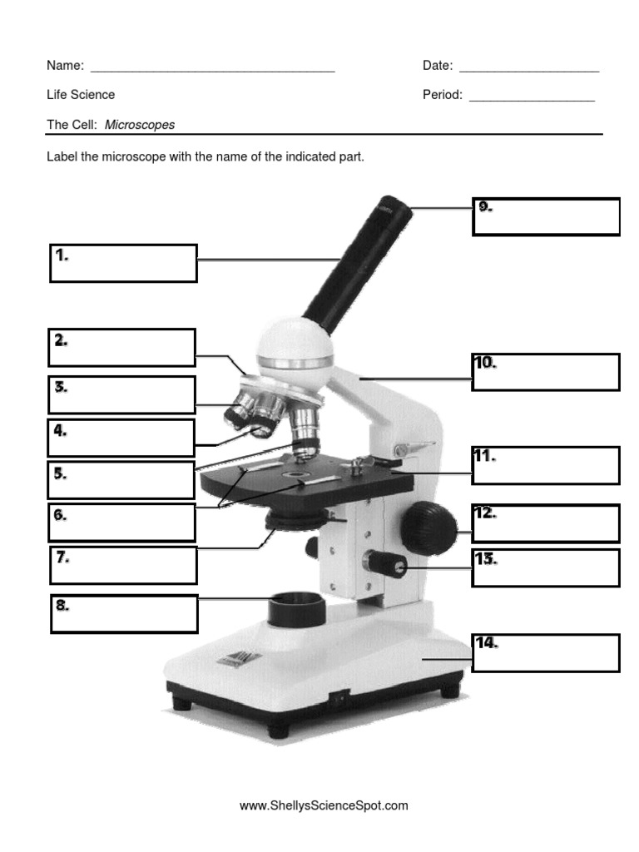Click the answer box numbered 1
[x=123, y=263]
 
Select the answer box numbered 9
[x=546, y=216]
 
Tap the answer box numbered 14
[x=546, y=652]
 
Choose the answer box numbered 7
[x=123, y=566]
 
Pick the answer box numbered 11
[x=546, y=465]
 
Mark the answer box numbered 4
[x=121, y=438]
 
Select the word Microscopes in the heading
[x=140, y=125]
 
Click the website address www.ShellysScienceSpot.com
[x=324, y=805]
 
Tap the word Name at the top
[x=64, y=66]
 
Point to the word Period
[x=442, y=95]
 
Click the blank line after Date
[x=528, y=67]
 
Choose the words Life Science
[x=81, y=95]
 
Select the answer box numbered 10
[x=546, y=372]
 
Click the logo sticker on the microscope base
[x=226, y=658]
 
